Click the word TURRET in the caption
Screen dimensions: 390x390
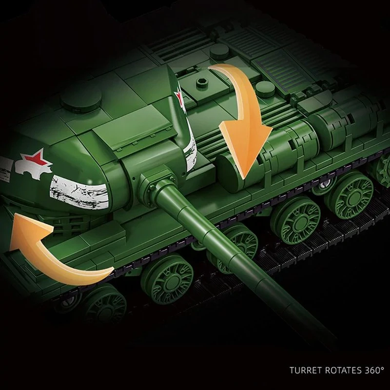tap(306, 370)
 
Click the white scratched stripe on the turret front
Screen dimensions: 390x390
tap(79, 192)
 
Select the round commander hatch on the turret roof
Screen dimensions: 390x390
tap(81, 99)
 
